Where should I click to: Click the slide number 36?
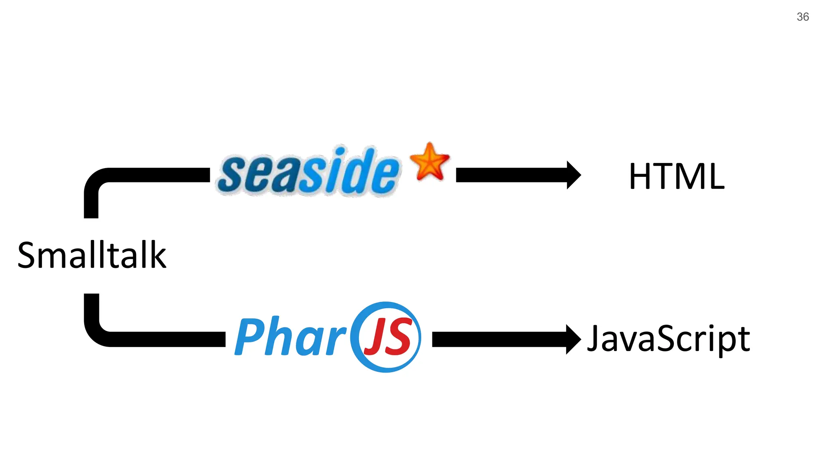[803, 17]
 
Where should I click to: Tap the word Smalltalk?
[92, 255]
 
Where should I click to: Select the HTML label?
[677, 176]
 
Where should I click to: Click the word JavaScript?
[668, 339]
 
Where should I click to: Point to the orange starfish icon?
[430, 162]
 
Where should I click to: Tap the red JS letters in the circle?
[387, 337]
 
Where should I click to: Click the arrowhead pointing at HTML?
[573, 175]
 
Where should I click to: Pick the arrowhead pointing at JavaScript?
[573, 339]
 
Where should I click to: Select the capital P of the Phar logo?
[249, 336]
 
